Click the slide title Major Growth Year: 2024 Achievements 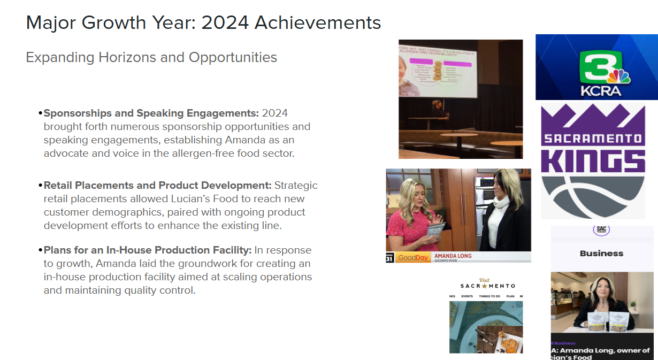[203, 23]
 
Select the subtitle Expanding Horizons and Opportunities [151, 57]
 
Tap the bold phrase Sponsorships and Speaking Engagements [151, 113]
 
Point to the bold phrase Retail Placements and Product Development [157, 186]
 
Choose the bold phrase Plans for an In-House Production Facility [148, 250]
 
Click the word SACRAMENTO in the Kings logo [593, 139]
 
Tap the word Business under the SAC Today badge [601, 254]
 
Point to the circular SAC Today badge [601, 229]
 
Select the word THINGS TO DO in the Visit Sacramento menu [489, 296]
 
